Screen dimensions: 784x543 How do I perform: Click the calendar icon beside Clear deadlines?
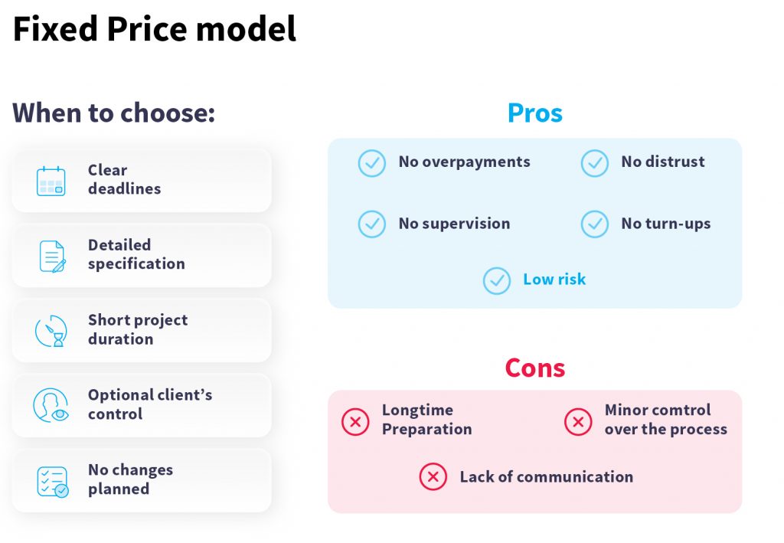pyautogui.click(x=51, y=181)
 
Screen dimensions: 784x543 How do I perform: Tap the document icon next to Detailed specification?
pyautogui.click(x=53, y=257)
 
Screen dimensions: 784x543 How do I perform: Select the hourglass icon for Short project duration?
pyautogui.click(x=51, y=331)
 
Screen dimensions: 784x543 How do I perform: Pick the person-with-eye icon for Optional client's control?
pyautogui.click(x=51, y=405)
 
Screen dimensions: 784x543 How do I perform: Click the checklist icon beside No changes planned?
pyautogui.click(x=53, y=482)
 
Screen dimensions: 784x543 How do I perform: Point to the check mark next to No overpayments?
pyautogui.click(x=372, y=163)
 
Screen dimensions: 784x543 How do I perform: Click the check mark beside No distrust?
pyautogui.click(x=594, y=163)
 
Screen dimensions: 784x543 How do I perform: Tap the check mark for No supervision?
pyautogui.click(x=372, y=224)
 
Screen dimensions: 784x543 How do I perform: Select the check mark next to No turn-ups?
pyautogui.click(x=594, y=224)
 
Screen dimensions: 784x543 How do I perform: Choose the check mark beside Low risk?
pyautogui.click(x=497, y=280)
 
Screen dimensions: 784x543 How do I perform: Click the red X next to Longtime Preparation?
pyautogui.click(x=355, y=421)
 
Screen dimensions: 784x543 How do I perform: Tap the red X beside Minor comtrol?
pyautogui.click(x=578, y=421)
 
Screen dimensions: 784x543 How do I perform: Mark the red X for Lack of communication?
pyautogui.click(x=433, y=476)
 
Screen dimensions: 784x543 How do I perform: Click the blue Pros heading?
pyautogui.click(x=535, y=113)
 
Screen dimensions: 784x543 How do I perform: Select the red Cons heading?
pyautogui.click(x=535, y=368)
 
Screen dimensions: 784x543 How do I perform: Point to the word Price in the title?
pyautogui.click(x=147, y=29)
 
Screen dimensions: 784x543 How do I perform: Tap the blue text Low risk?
pyautogui.click(x=554, y=279)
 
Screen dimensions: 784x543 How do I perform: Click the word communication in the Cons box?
pyautogui.click(x=575, y=477)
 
